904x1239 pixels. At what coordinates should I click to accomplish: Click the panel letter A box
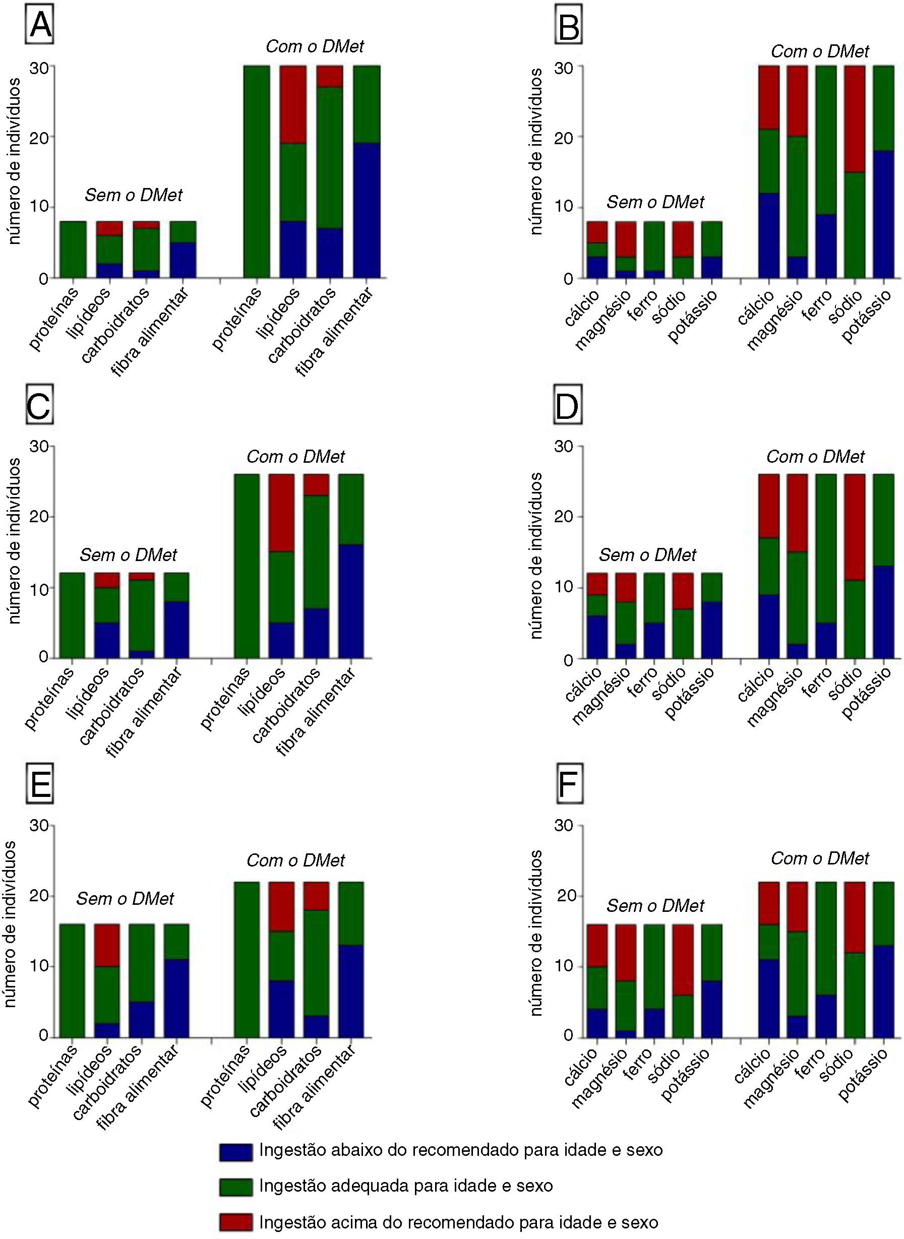pyautogui.click(x=40, y=26)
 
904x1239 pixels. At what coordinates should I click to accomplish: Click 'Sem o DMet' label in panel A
pyautogui.click(x=134, y=195)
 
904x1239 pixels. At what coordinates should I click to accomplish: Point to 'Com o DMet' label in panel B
pyautogui.click(x=820, y=51)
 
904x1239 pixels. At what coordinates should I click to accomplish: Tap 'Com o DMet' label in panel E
pyautogui.click(x=295, y=860)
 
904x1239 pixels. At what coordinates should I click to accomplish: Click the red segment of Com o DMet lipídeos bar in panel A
pyautogui.click(x=293, y=104)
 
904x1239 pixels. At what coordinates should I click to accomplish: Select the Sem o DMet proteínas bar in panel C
pyautogui.click(x=72, y=615)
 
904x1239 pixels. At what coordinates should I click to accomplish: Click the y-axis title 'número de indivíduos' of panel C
pyautogui.click(x=15, y=541)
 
